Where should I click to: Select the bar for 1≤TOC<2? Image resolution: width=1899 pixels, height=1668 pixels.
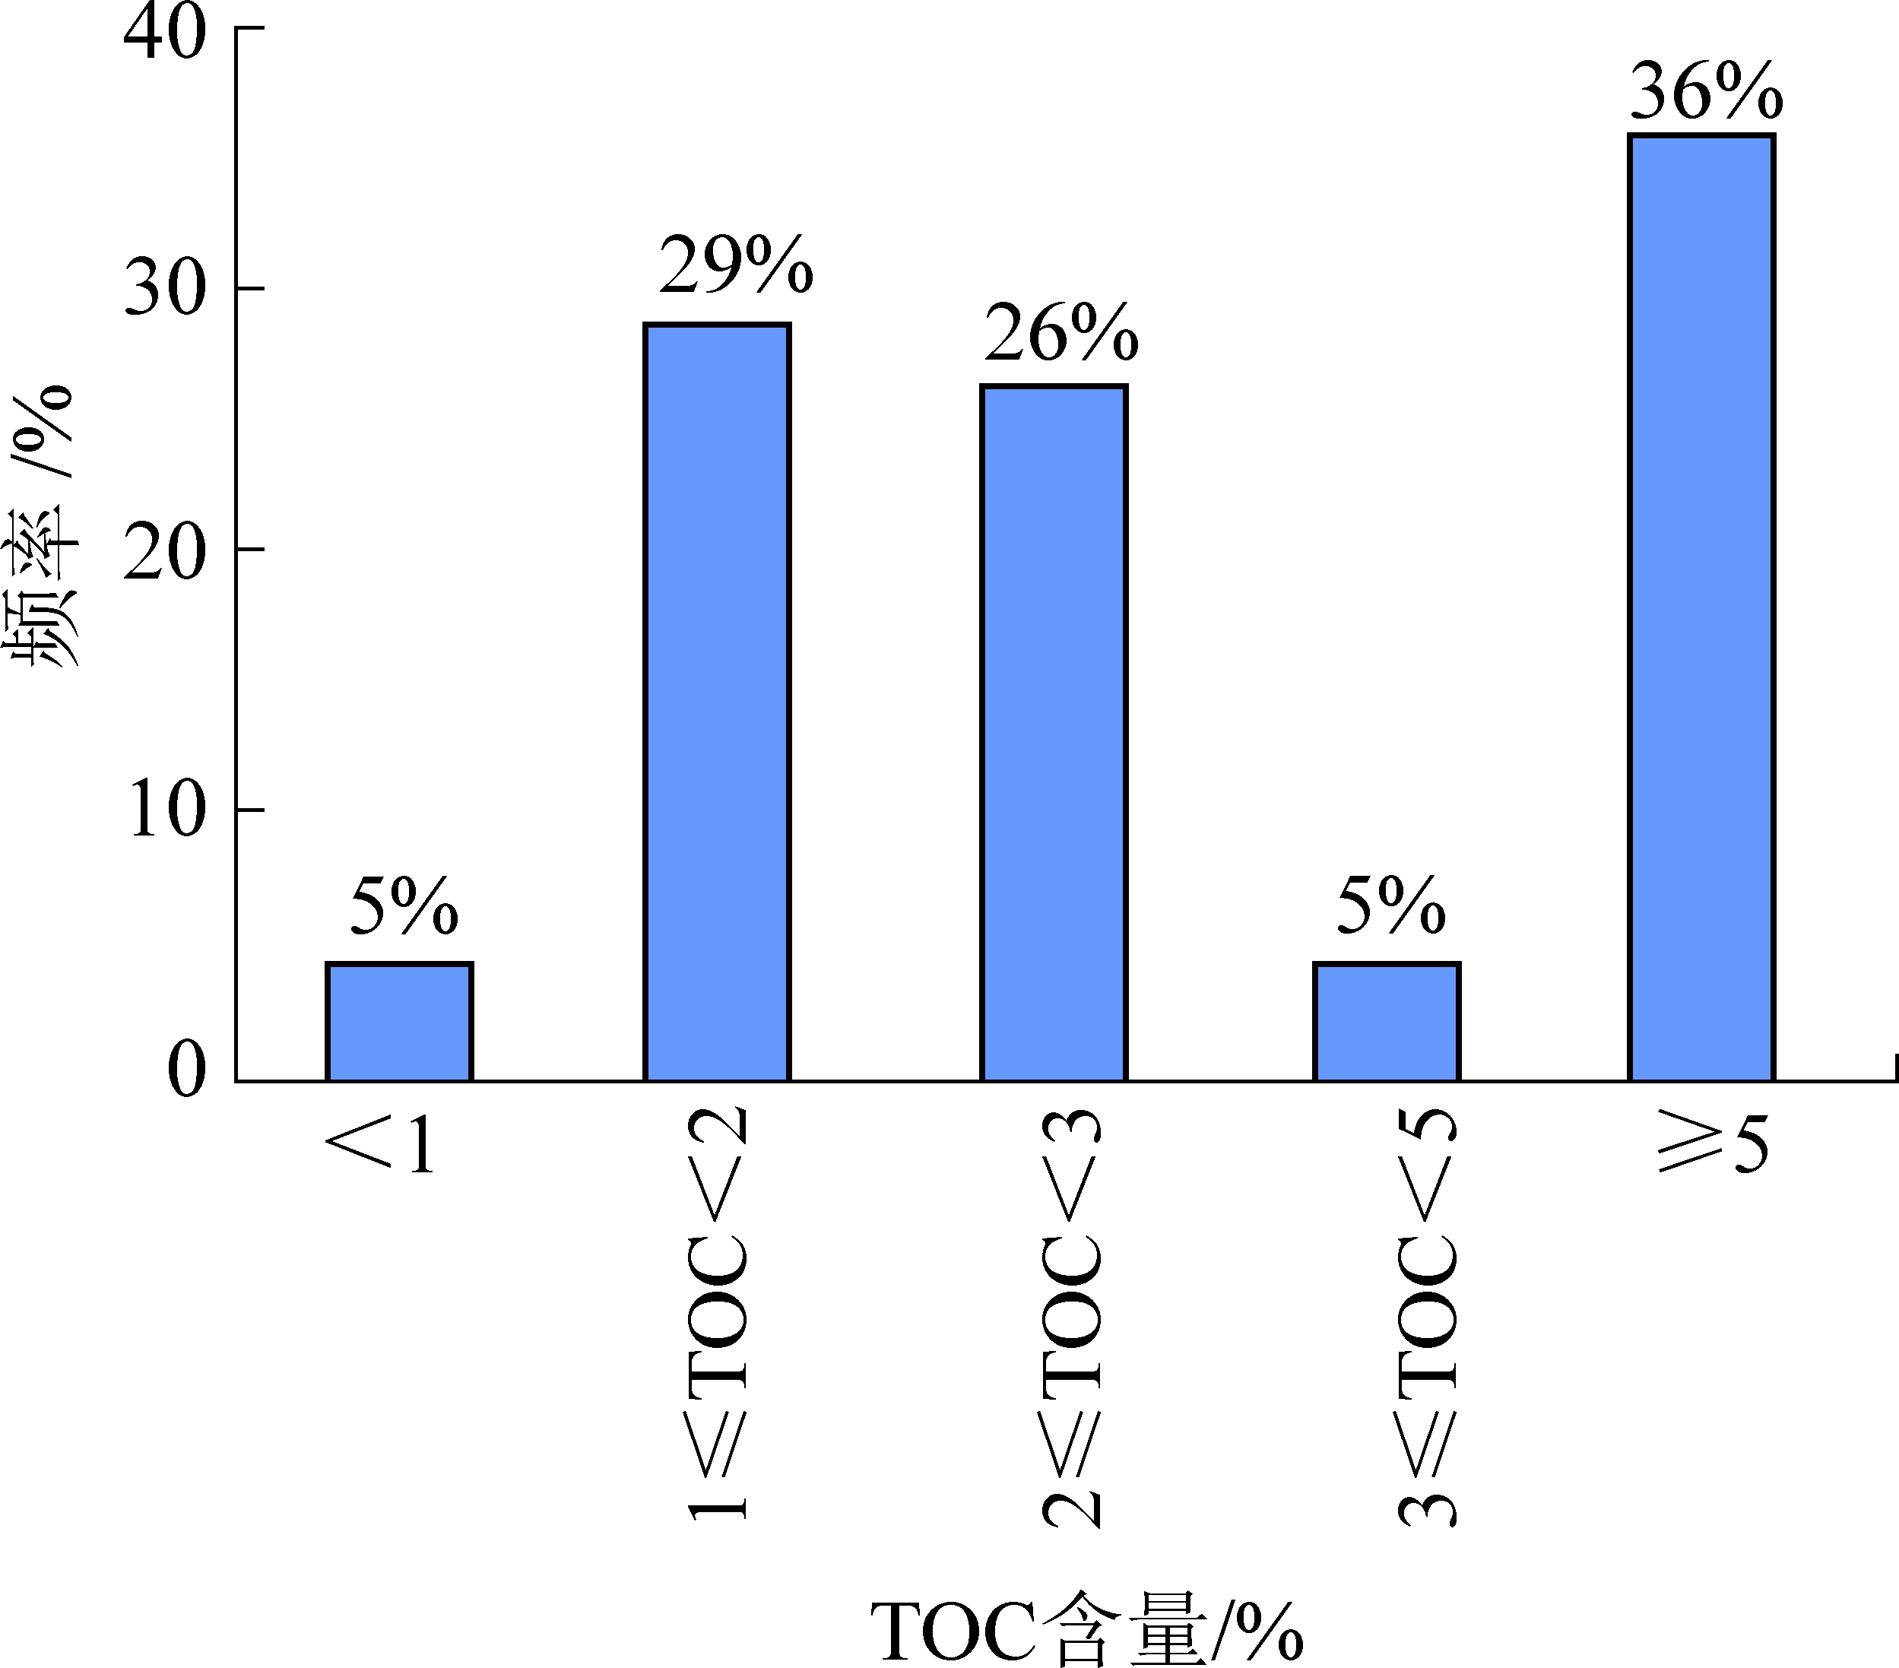717,702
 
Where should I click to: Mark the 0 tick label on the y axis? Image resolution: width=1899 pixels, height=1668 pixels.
185,1070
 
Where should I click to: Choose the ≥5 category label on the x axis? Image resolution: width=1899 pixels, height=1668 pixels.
1712,1146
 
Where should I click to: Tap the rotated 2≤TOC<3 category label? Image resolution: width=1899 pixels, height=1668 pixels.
1071,1320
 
